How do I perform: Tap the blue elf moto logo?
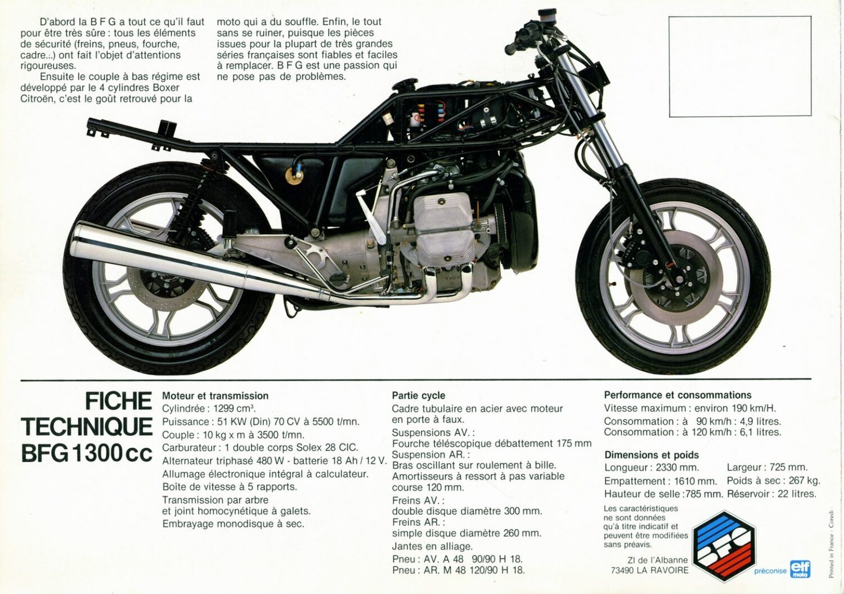[x=800, y=568]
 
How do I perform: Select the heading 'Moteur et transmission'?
[x=215, y=396]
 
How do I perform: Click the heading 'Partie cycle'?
[x=418, y=395]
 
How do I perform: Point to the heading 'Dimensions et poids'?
[x=652, y=455]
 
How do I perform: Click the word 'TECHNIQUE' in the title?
[x=87, y=427]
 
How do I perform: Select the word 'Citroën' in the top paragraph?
[x=38, y=99]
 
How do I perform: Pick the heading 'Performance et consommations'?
[x=677, y=395]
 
